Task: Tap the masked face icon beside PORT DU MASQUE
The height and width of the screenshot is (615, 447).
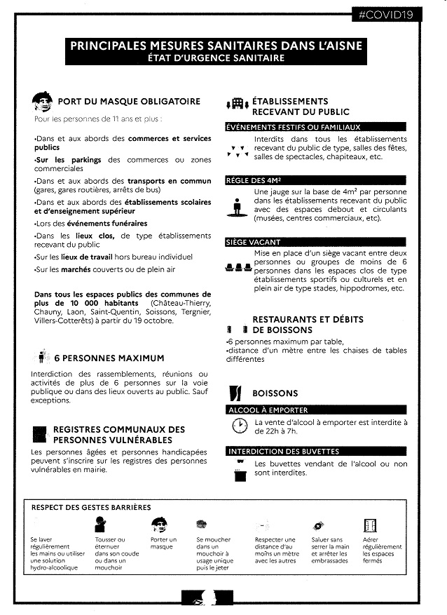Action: [x=43, y=102]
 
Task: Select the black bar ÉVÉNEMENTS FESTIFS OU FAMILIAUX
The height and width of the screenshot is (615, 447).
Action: [x=293, y=127]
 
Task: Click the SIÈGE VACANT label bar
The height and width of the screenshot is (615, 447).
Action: [x=253, y=242]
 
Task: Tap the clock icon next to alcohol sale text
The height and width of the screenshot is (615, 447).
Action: [x=240, y=426]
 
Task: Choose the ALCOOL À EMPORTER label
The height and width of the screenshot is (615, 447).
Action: [x=268, y=410]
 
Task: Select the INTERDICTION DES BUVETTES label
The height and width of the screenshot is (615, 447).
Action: [x=283, y=451]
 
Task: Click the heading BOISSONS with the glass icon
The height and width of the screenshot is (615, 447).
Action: [x=275, y=393]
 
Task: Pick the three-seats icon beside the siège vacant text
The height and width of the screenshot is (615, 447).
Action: [x=239, y=267]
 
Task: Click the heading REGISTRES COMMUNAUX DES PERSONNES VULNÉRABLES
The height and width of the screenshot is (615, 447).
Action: [x=118, y=434]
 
